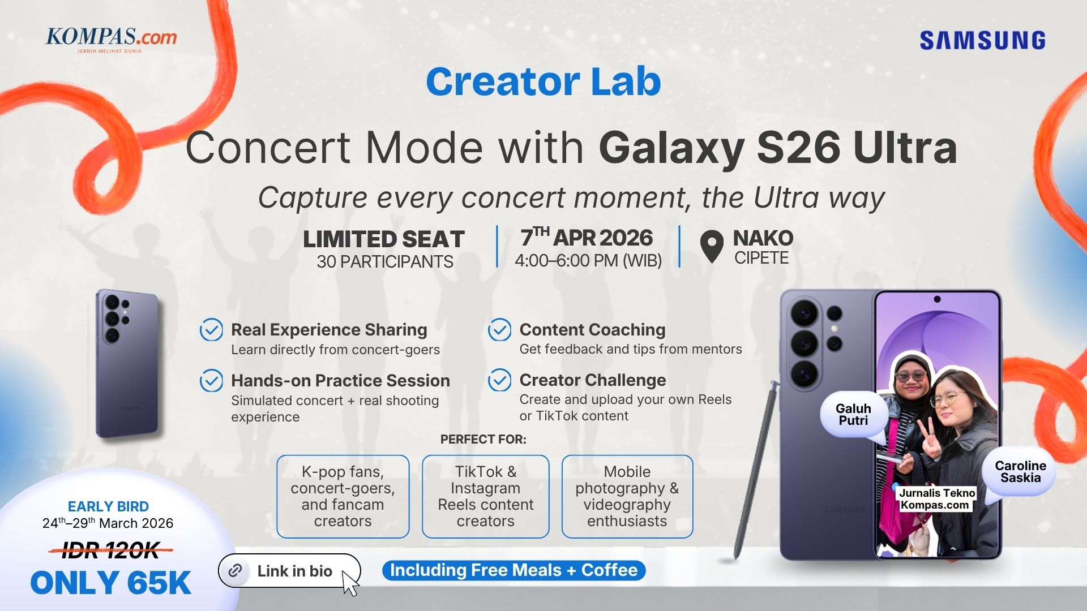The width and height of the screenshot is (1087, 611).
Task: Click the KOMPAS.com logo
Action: click(111, 38)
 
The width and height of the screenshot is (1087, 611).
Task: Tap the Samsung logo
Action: click(982, 41)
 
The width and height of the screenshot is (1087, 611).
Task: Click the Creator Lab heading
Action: click(543, 82)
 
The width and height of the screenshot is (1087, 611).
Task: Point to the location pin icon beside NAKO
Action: click(712, 246)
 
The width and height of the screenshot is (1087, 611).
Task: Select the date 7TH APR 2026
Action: click(587, 238)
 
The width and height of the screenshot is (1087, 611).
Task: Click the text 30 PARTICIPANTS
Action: click(385, 262)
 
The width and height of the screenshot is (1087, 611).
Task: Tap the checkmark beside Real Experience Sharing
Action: click(211, 330)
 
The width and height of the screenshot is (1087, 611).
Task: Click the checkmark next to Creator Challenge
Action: click(500, 380)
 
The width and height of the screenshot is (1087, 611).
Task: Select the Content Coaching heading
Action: click(592, 330)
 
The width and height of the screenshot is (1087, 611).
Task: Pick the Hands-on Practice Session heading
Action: click(340, 381)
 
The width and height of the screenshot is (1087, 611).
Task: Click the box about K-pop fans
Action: click(343, 496)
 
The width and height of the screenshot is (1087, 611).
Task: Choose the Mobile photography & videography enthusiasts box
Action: click(627, 496)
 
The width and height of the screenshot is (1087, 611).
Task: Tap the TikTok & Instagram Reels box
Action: click(485, 496)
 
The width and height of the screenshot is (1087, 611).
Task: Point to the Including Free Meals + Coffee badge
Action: click(513, 570)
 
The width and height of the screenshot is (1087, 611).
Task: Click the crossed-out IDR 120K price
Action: click(110, 550)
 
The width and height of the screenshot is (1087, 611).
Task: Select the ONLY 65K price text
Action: click(110, 583)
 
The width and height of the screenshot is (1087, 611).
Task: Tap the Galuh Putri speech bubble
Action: click(853, 415)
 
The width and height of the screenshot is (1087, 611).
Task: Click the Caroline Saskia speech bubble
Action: click(1020, 472)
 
